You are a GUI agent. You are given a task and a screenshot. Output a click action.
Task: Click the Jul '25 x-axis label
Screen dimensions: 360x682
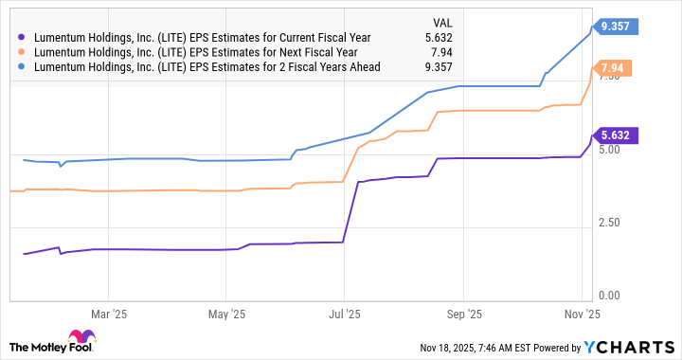point(344,313)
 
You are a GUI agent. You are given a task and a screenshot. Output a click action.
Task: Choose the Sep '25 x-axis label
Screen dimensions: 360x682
point(462,313)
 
